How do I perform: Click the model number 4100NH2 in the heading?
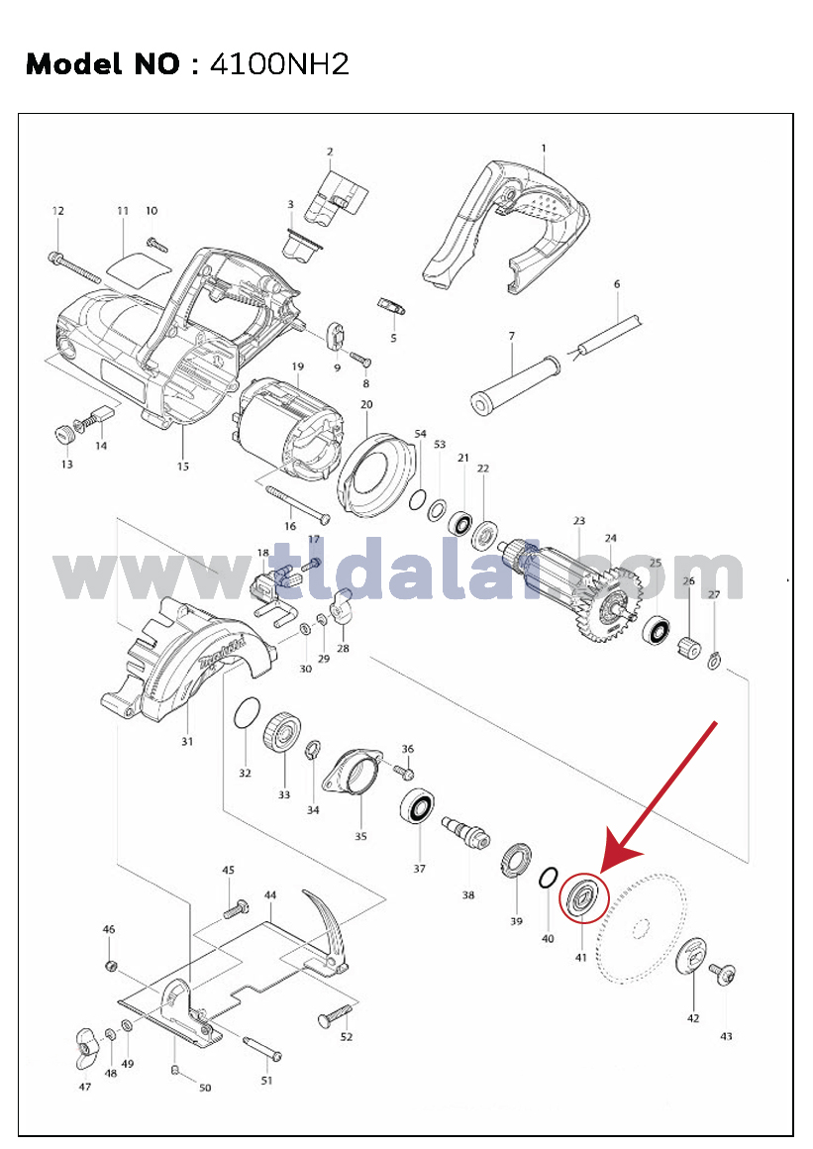pyautogui.click(x=279, y=64)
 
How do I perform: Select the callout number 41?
pyautogui.click(x=581, y=957)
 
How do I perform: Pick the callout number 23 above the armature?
pyautogui.click(x=579, y=521)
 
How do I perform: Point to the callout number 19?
pyautogui.click(x=297, y=366)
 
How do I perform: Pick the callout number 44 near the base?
pyautogui.click(x=270, y=894)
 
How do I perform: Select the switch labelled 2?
pyautogui.click(x=336, y=196)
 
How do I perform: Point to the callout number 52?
pyautogui.click(x=347, y=1036)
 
